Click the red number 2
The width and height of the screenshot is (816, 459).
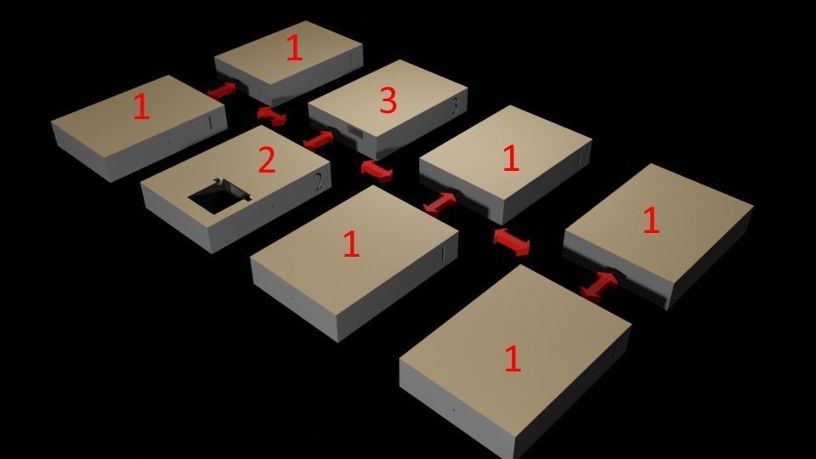pyautogui.click(x=266, y=160)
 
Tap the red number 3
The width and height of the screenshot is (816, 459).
pyautogui.click(x=388, y=101)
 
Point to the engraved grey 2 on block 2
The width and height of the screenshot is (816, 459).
pyautogui.click(x=318, y=180)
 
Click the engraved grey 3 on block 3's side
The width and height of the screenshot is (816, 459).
pyautogui.click(x=455, y=106)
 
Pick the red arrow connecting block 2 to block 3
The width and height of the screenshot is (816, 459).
pyautogui.click(x=319, y=139)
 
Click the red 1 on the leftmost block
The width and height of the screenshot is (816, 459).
pyautogui.click(x=141, y=107)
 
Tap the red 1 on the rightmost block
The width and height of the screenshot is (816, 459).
pyautogui.click(x=650, y=221)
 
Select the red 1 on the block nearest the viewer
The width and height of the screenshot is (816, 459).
pyautogui.click(x=512, y=359)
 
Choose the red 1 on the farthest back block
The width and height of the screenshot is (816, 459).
pyautogui.click(x=293, y=48)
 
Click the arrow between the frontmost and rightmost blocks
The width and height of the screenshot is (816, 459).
pyautogui.click(x=599, y=285)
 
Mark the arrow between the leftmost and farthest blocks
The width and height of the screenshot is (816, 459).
pyautogui.click(x=222, y=90)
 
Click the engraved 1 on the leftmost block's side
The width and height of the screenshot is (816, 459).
pyautogui.click(x=209, y=124)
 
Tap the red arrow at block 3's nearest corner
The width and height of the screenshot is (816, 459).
pyautogui.click(x=376, y=170)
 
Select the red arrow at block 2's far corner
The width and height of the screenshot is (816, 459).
pyautogui.click(x=272, y=115)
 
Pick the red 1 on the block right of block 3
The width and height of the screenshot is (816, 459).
pyautogui.click(x=510, y=159)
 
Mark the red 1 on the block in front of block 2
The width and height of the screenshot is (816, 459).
pyautogui.click(x=350, y=245)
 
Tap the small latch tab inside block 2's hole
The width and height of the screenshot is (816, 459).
pyautogui.click(x=223, y=182)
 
